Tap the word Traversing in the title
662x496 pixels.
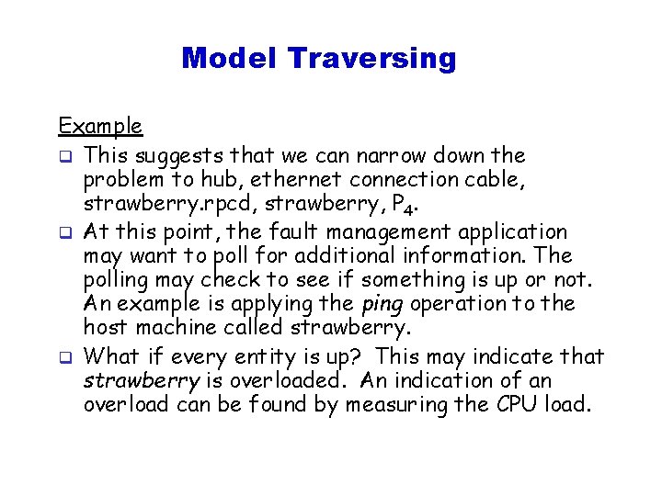coord(371,58)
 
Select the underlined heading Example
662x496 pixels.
coord(100,126)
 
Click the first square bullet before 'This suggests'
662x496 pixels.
coord(65,155)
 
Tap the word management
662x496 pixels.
coord(386,231)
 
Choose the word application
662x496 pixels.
coord(516,231)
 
